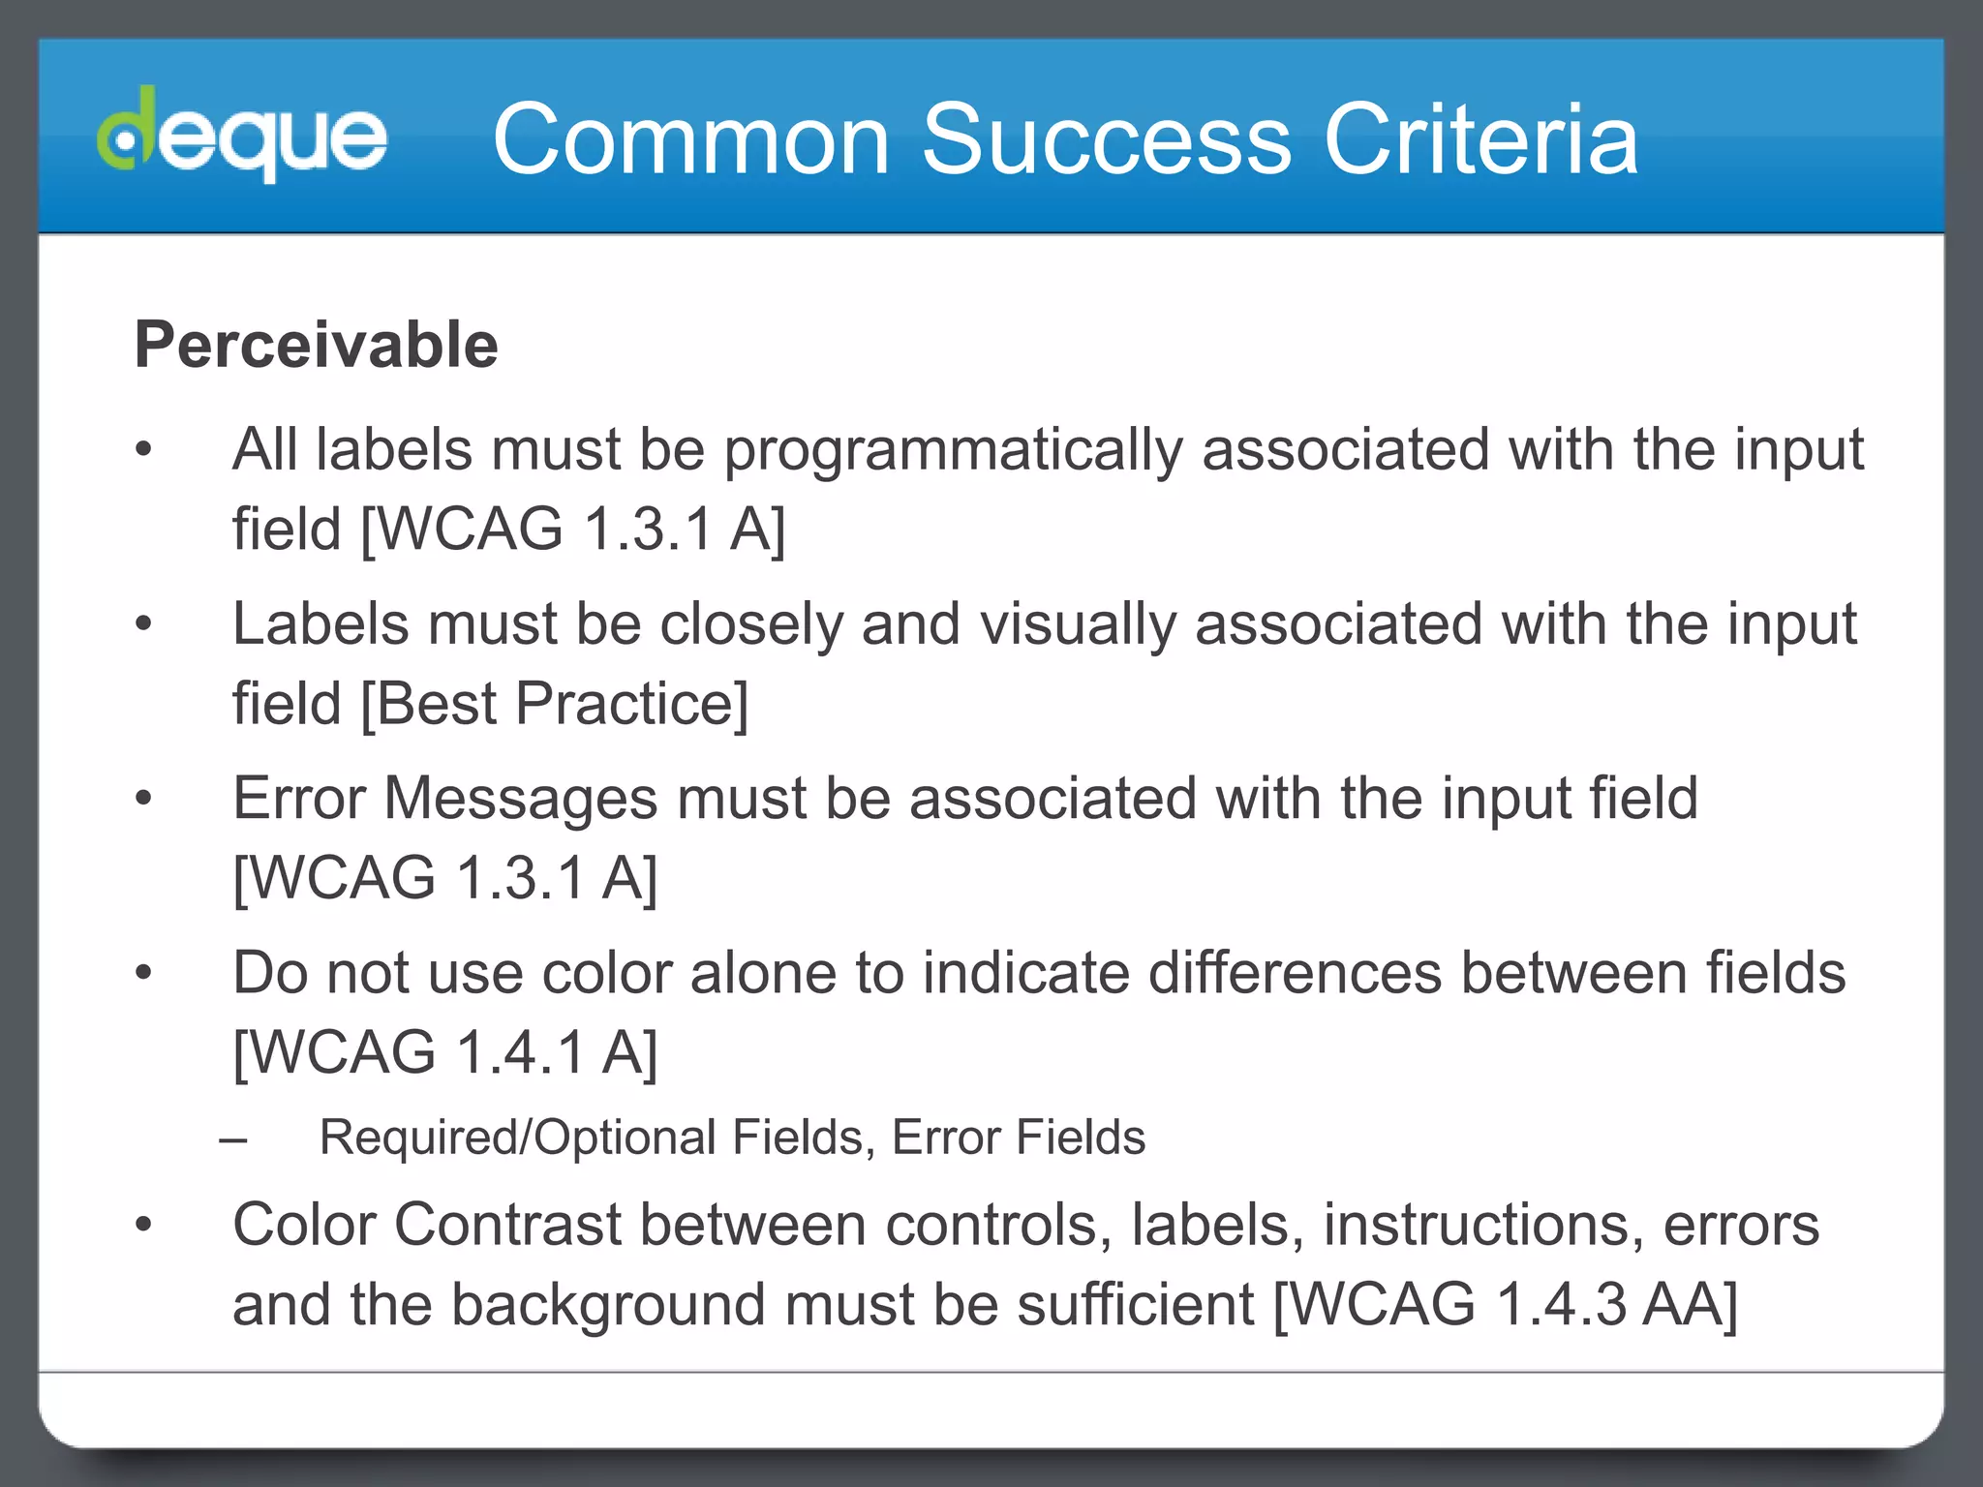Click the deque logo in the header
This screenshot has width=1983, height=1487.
[242, 136]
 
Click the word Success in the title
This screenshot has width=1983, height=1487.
[1106, 139]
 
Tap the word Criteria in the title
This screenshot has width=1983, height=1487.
[1480, 139]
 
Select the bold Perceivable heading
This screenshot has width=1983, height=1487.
[317, 345]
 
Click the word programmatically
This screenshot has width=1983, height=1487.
[954, 451]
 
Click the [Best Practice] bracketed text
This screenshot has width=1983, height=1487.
[555, 704]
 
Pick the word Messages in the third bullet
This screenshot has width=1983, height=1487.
[521, 799]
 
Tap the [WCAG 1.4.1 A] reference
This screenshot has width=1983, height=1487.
[445, 1052]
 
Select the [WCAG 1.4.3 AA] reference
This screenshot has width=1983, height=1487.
[1506, 1304]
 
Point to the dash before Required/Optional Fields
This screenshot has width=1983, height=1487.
[233, 1138]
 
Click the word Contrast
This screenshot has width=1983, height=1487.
[507, 1226]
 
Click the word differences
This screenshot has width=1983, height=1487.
[1295, 973]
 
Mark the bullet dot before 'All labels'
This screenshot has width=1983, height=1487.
[144, 450]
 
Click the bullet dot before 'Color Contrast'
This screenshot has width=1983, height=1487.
[144, 1226]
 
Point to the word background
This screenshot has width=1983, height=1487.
[609, 1304]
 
